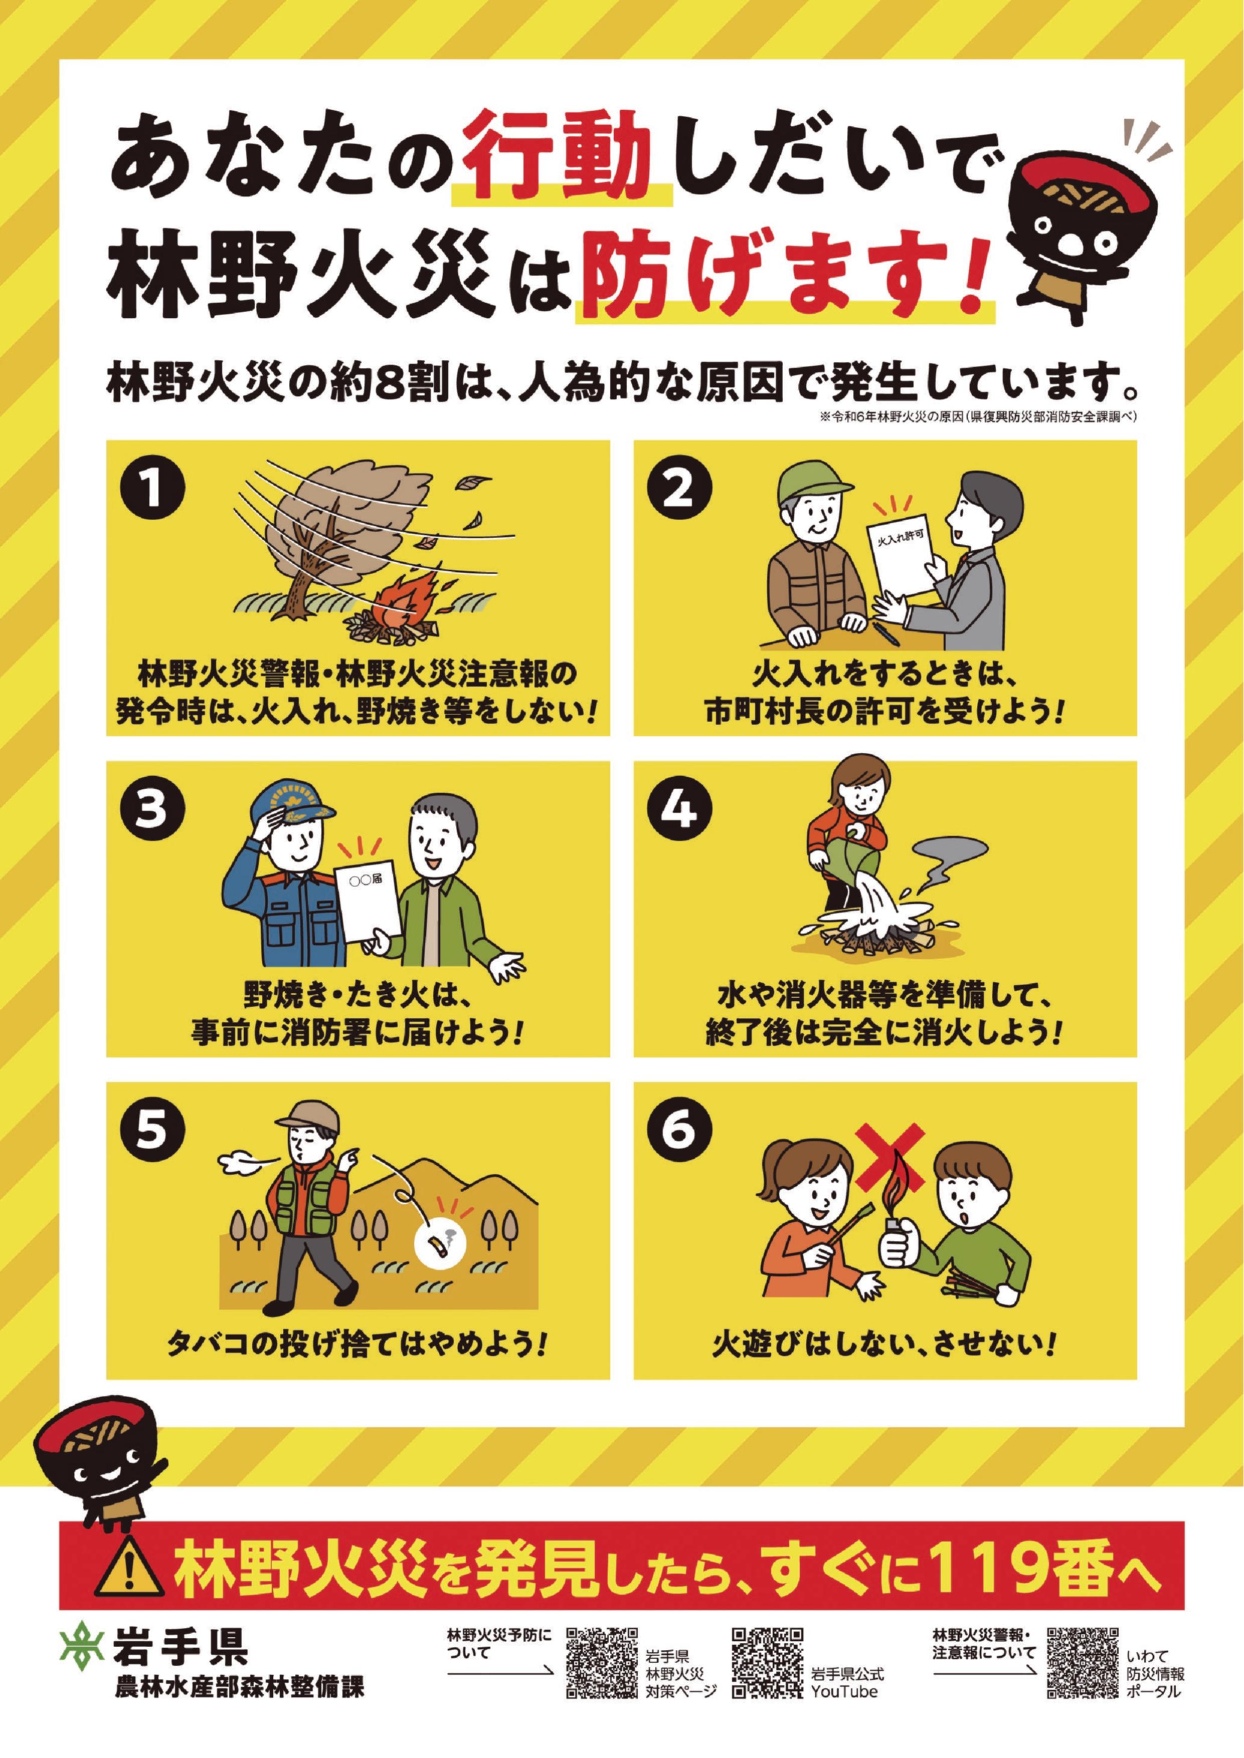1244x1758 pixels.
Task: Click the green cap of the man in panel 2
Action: [813, 483]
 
